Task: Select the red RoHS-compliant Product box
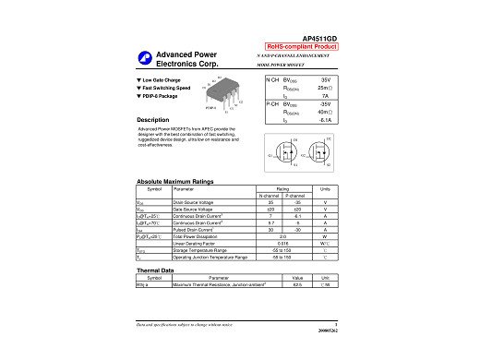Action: click(x=302, y=45)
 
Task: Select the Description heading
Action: click(x=151, y=121)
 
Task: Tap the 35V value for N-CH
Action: click(x=325, y=81)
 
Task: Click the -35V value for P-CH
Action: click(x=324, y=104)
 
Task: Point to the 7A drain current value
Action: click(x=325, y=96)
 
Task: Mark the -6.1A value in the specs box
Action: click(x=324, y=120)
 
